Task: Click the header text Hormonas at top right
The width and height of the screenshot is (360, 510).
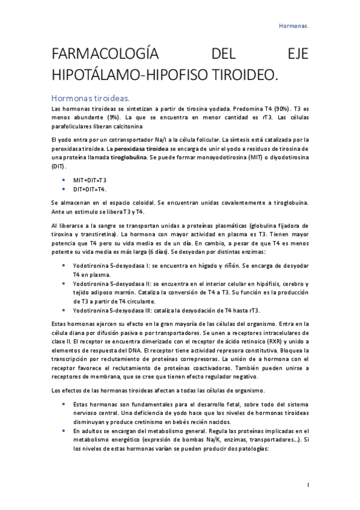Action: tap(294, 26)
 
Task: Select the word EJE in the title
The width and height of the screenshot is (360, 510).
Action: tap(294, 55)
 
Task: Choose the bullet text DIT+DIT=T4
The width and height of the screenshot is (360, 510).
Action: tap(90, 189)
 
